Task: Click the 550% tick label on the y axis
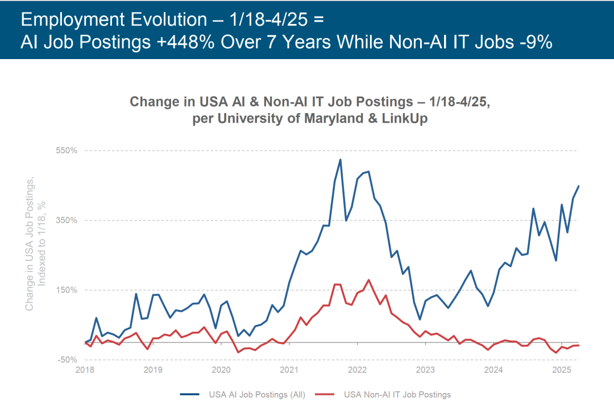(65, 151)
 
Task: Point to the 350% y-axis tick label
(65, 220)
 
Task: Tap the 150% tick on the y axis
(65, 290)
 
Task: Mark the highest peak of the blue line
(340, 160)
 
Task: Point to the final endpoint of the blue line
(579, 186)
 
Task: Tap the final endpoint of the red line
(579, 345)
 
